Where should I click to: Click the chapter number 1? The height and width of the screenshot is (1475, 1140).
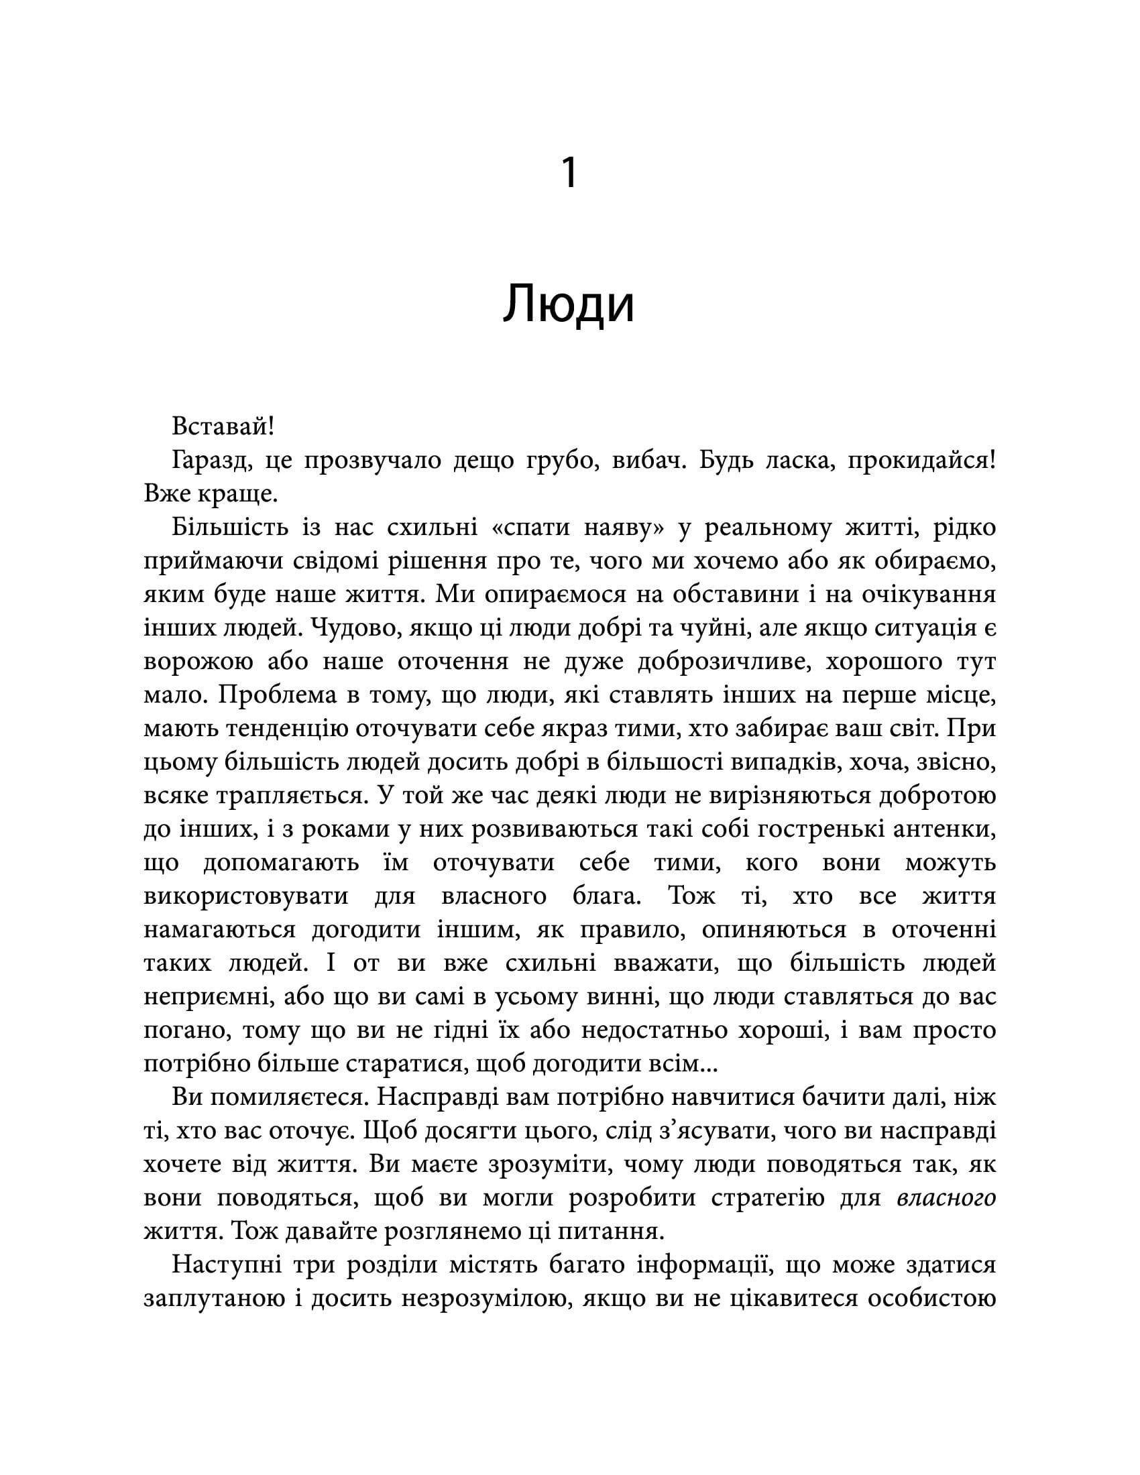(569, 173)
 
